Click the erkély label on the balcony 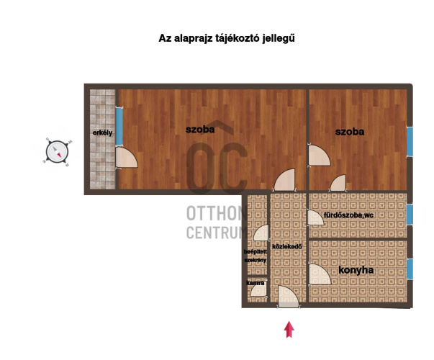click(x=102, y=133)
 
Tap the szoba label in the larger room click(x=200, y=130)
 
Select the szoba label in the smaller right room click(x=350, y=132)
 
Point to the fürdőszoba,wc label click(x=348, y=215)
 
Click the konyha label click(x=356, y=270)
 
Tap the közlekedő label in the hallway click(x=286, y=246)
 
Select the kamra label click(x=256, y=283)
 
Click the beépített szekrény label click(x=256, y=256)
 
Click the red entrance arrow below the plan click(x=289, y=330)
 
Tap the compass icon click(x=57, y=152)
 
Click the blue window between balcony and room click(x=119, y=126)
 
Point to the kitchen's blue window click(x=410, y=269)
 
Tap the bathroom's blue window click(x=410, y=214)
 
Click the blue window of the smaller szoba click(x=410, y=142)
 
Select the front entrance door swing click(x=288, y=297)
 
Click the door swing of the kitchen click(x=320, y=274)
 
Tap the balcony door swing click(x=126, y=157)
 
